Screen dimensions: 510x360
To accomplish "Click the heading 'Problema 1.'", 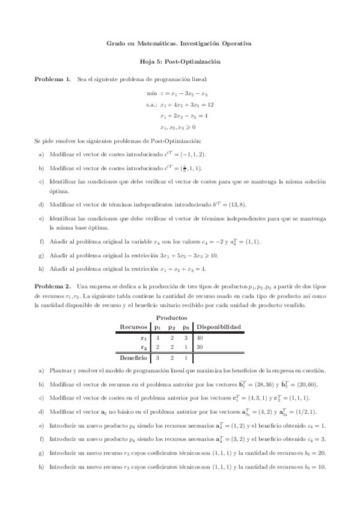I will tap(53, 79).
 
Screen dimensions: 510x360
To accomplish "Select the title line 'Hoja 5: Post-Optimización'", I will tap(179, 61).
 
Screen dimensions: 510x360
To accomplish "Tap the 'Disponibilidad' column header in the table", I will tap(219, 327).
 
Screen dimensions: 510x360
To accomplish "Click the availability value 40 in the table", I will tap(200, 338).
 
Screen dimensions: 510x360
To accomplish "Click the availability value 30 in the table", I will tap(200, 347).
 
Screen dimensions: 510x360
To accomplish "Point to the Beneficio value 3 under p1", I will tap(157, 357).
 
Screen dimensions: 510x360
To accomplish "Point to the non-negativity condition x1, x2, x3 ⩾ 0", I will tap(178, 127).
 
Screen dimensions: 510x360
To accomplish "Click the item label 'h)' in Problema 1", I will tap(40, 268).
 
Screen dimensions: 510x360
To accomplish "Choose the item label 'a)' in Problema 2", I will tap(40, 370).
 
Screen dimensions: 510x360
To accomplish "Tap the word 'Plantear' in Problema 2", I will tap(59, 370).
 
